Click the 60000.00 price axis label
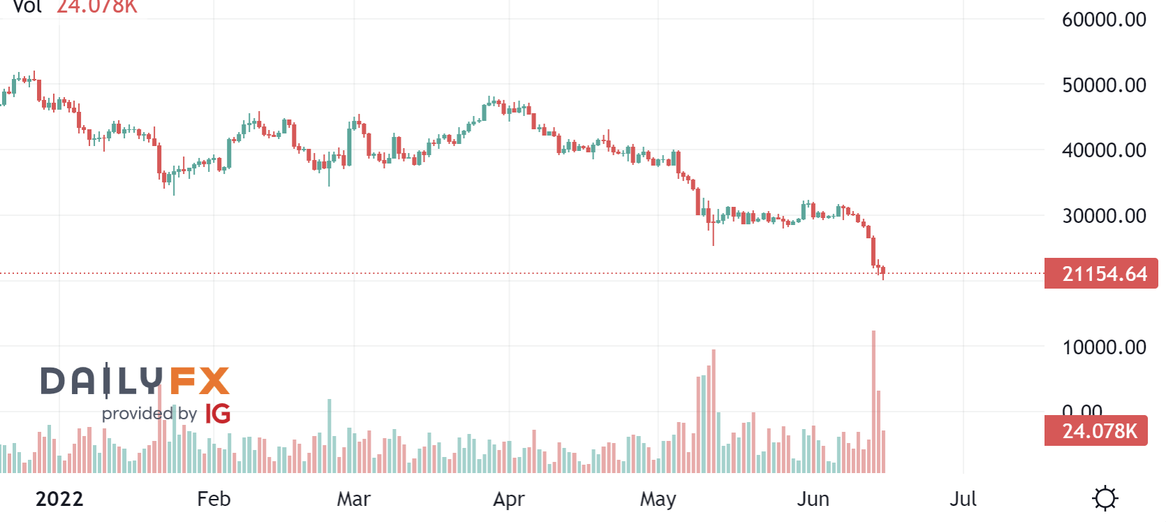[x=1103, y=20]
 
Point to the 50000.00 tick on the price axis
[x=1103, y=85]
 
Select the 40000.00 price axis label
[x=1103, y=150]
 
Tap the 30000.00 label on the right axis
[x=1103, y=216]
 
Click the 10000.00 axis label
[x=1103, y=347]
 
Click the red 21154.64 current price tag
[x=1101, y=274]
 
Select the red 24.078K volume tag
[x=1096, y=431]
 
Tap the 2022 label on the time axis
[x=59, y=499]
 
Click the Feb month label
[x=214, y=499]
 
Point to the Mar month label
[x=353, y=499]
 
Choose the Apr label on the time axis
[x=508, y=499]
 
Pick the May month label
[x=658, y=499]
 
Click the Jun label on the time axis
[x=813, y=499]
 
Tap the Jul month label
[x=963, y=499]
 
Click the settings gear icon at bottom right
[x=1105, y=499]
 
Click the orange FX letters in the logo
[x=200, y=381]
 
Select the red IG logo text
[x=218, y=414]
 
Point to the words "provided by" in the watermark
[x=149, y=414]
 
